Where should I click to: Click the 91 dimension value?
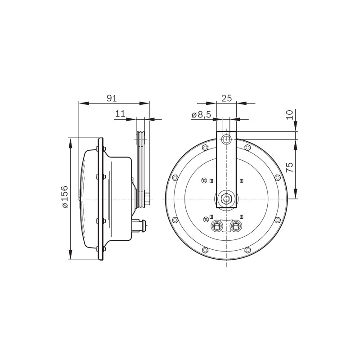coord(112,98)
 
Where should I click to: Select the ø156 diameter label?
coord(65,197)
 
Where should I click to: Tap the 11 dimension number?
coord(120,113)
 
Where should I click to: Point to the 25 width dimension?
coord(227,98)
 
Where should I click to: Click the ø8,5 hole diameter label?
coord(201,115)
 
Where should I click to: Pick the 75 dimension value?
coord(290,167)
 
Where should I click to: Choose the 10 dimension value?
coord(290,115)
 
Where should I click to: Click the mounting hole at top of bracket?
coord(226,139)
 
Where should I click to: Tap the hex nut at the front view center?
coord(226,198)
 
